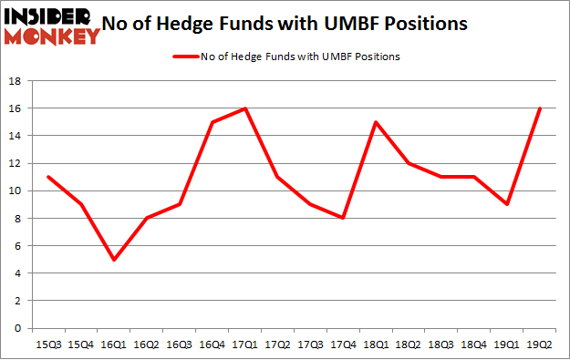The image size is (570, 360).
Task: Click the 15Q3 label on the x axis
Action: coord(48,345)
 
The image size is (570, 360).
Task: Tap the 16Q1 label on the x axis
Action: coord(114,345)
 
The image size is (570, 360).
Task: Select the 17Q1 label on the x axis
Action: coord(245,345)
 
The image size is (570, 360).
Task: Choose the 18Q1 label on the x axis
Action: coord(377,345)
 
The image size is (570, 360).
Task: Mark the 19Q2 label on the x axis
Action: coord(542,345)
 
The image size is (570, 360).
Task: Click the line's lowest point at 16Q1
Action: coord(114,259)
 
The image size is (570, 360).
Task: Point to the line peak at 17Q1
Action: coord(245,108)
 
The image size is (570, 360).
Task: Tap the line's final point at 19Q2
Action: coord(542,108)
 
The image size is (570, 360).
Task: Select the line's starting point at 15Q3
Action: coord(48,177)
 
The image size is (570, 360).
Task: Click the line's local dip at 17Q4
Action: coord(344,218)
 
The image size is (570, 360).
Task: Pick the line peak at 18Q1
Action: coord(377,122)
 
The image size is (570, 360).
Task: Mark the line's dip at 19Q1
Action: coord(508,204)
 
